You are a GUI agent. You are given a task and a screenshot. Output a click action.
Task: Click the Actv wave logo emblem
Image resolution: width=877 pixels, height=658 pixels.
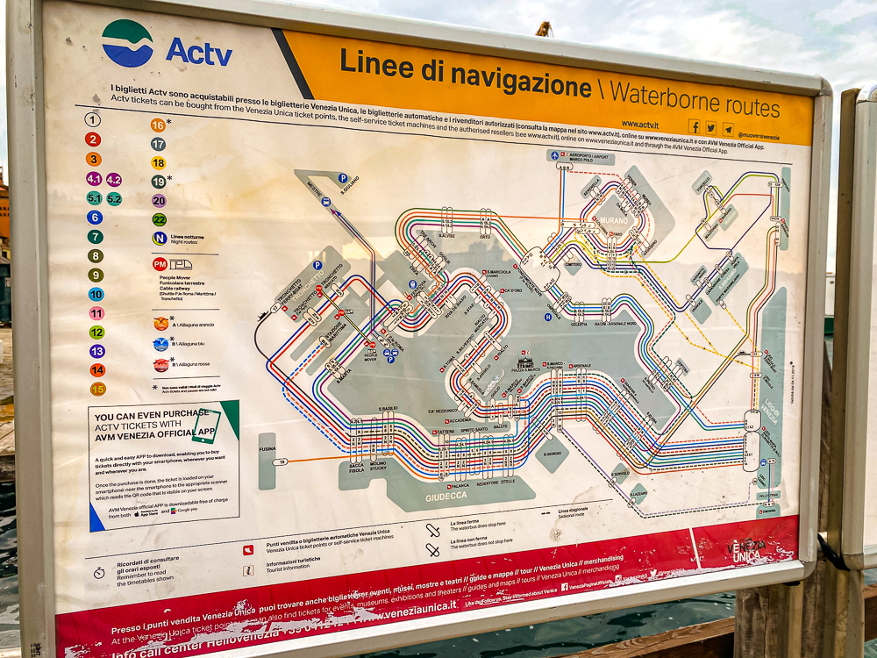(x=127, y=43)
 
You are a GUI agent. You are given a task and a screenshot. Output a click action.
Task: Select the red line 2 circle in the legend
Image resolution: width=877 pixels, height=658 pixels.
(x=92, y=139)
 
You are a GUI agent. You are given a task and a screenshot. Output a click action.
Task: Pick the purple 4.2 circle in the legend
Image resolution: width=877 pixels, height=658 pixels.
(x=114, y=179)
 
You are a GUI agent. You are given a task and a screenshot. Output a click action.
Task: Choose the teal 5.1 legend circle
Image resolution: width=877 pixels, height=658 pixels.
(x=94, y=198)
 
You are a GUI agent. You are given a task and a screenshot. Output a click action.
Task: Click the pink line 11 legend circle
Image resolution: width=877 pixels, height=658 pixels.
(x=96, y=313)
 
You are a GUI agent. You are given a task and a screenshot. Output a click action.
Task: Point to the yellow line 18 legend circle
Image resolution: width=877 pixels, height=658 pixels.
(x=158, y=162)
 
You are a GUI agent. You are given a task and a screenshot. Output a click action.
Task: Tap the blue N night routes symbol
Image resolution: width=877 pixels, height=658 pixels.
(x=160, y=238)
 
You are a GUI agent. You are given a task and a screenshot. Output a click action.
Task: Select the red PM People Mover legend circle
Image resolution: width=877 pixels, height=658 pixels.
(x=160, y=263)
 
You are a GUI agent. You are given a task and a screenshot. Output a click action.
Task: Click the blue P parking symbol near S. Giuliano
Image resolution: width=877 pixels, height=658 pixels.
(x=343, y=177)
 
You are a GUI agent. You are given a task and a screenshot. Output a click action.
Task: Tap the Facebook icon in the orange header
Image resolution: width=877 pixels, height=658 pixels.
(x=694, y=126)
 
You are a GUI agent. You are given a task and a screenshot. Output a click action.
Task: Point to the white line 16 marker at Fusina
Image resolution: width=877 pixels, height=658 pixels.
(x=280, y=461)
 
